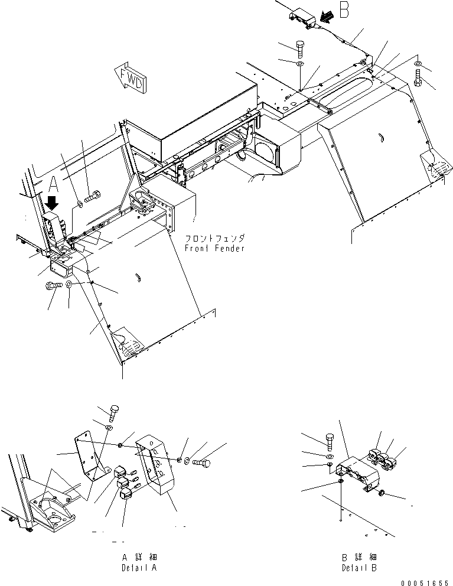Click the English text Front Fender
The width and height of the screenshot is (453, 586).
(214, 248)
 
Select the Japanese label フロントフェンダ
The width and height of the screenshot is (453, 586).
(214, 239)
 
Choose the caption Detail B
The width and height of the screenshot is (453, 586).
(359, 568)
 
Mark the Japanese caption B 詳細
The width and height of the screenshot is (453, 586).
(359, 557)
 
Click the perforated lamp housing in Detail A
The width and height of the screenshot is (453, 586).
(155, 461)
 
